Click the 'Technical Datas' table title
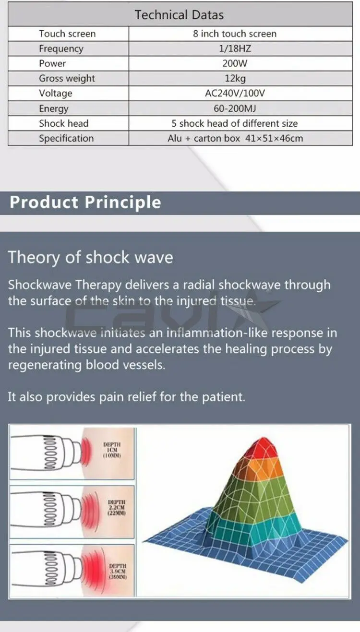point(179,15)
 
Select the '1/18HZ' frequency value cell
point(235,48)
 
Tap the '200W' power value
point(235,63)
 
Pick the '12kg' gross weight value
point(235,78)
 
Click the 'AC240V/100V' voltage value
point(235,94)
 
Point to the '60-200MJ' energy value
point(235,108)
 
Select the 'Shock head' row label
point(64,123)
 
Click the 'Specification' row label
point(66,138)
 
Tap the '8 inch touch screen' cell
point(235,34)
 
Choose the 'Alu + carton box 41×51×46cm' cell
point(235,138)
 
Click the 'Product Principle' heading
point(85,203)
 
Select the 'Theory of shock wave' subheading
point(91,257)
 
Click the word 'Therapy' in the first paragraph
point(98,285)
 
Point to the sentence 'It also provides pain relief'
point(127,397)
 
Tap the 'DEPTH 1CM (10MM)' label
point(112,450)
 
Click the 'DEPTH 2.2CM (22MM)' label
point(117,508)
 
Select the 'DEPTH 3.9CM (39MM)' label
point(118,572)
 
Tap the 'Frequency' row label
point(61,49)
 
